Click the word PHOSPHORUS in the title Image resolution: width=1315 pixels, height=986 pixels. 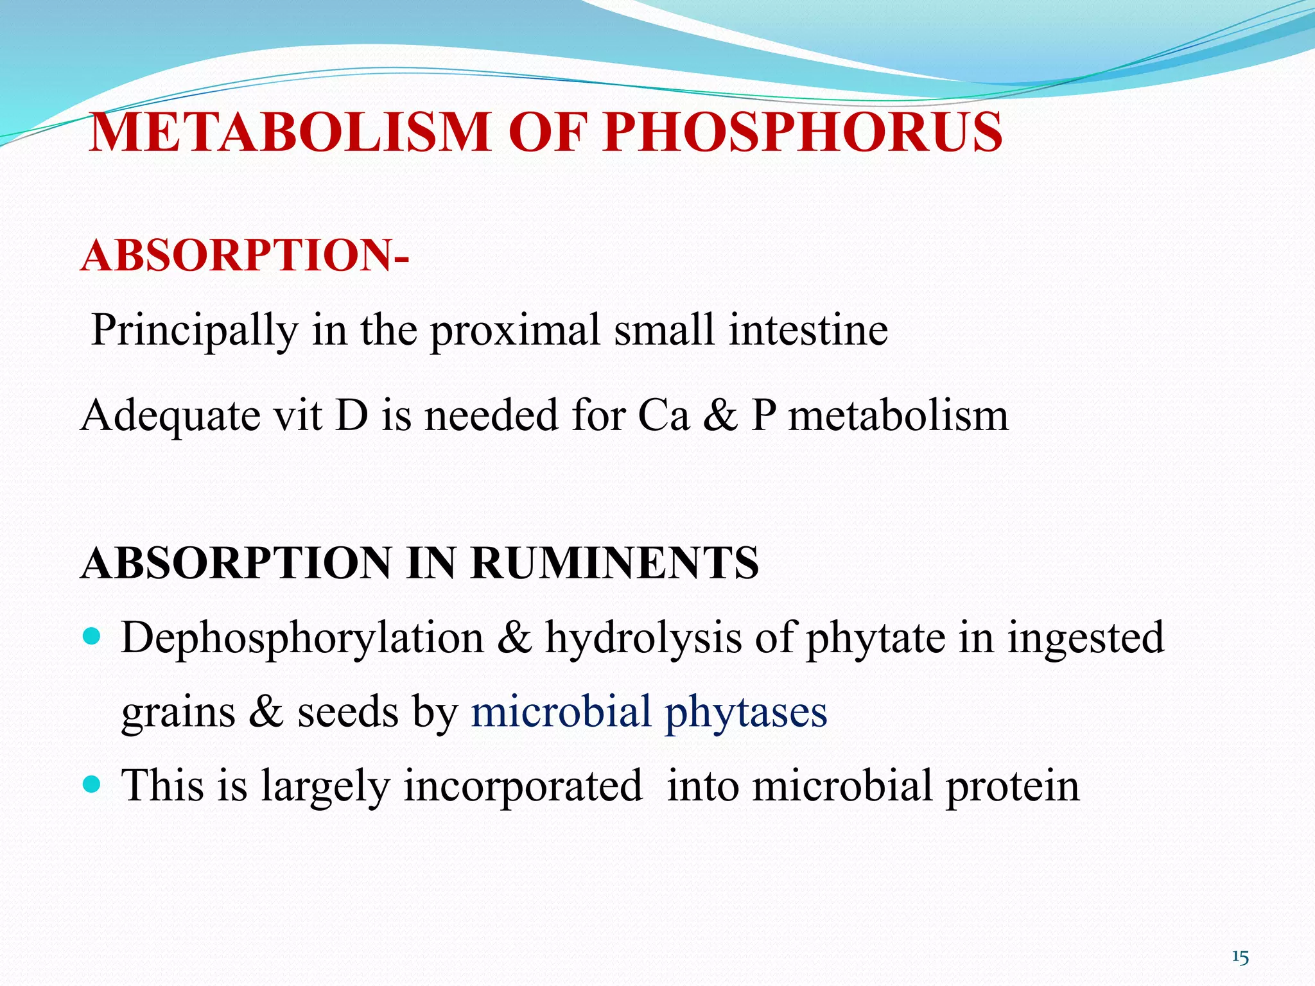coord(803,132)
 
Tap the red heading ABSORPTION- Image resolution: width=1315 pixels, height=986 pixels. coord(245,255)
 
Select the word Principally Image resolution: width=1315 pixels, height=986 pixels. coord(194,331)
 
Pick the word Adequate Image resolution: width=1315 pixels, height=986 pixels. coord(170,416)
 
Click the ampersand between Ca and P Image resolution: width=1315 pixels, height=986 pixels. coord(720,415)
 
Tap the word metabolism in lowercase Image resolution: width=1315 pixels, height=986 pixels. coord(898,415)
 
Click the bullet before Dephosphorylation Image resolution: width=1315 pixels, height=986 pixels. coord(92,637)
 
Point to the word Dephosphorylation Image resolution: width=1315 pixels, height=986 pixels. coord(302,639)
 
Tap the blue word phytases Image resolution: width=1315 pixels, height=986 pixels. coord(745,713)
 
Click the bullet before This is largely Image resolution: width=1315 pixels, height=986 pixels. coord(92,784)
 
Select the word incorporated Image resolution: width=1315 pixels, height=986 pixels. coord(523,786)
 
